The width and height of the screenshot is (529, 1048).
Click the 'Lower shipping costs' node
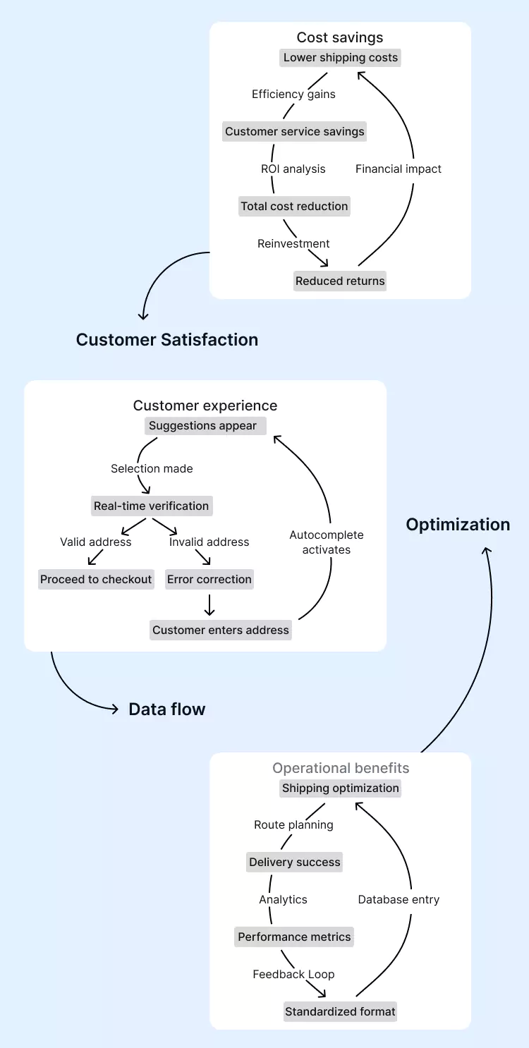point(341,58)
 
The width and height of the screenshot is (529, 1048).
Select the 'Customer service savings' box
point(295,132)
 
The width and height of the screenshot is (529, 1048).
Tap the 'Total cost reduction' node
point(294,207)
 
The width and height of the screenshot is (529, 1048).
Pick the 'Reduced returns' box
point(340,281)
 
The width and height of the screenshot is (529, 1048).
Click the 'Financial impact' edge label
point(399,169)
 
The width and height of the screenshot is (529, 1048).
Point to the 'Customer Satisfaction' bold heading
point(167,340)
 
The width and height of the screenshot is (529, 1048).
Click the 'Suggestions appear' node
point(203,426)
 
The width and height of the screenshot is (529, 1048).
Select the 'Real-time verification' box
point(152,506)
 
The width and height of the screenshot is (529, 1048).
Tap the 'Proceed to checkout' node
point(96,580)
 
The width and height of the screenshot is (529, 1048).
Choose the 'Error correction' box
point(209,580)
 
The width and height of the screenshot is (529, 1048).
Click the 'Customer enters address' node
point(221,630)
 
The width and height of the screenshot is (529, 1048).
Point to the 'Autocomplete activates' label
point(327,542)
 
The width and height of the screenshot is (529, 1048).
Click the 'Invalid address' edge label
point(209,542)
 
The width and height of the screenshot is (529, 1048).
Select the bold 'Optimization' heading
point(458,525)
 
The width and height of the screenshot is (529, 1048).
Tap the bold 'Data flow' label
point(167,709)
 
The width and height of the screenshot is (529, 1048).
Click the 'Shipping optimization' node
point(341,788)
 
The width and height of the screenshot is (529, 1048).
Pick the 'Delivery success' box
point(295,863)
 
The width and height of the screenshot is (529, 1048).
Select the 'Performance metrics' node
point(294,937)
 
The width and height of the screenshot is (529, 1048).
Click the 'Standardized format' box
point(340,1012)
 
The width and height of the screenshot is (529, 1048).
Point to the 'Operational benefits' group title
point(341,768)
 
